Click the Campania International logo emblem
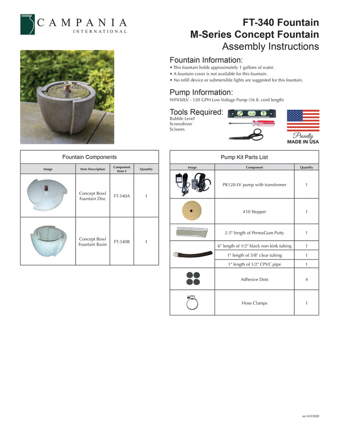[27, 24]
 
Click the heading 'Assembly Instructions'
[270, 46]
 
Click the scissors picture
[246, 135]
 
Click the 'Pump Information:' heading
[201, 92]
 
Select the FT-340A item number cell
[121, 196]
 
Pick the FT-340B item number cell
[121, 242]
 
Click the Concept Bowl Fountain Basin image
[48, 240]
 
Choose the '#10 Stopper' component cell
[254, 211]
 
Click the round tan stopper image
[192, 211]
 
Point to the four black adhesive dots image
[192, 279]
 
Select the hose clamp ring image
[192, 302]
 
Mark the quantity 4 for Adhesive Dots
[306, 279]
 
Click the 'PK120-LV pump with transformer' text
[254, 184]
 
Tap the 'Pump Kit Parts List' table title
[244, 157]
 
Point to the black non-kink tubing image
[193, 254]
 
